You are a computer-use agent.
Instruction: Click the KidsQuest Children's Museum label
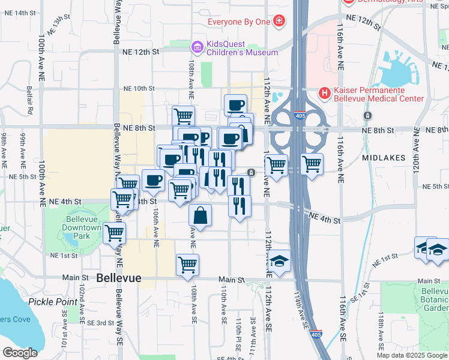point(243,48)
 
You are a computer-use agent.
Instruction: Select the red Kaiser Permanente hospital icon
point(325,92)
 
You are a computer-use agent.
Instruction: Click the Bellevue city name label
point(119,278)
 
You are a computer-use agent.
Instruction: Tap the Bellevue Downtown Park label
point(82,228)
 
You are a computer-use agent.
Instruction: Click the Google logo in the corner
point(20,352)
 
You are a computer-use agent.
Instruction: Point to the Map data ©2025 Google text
point(412,355)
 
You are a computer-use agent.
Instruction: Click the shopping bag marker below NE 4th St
point(200,216)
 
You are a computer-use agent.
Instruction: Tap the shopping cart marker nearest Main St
point(188,265)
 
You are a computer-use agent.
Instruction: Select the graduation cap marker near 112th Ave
point(279,261)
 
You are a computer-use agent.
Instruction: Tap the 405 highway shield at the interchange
point(299,113)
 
